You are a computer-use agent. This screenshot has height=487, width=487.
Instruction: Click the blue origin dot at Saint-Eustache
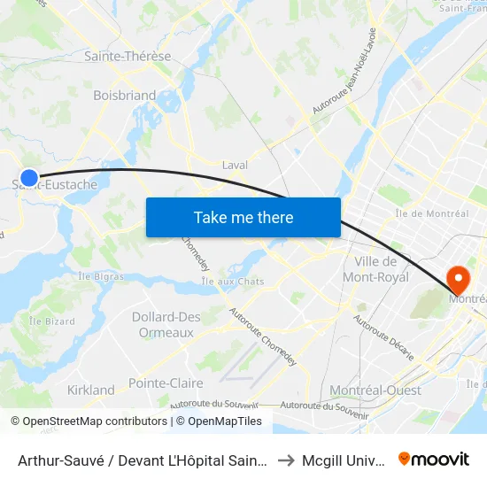29,178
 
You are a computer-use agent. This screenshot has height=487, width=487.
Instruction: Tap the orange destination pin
460,280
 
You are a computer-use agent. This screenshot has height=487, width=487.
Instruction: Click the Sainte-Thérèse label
128,56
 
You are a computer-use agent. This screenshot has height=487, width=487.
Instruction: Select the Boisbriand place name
125,95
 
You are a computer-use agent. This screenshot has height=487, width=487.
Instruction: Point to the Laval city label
235,165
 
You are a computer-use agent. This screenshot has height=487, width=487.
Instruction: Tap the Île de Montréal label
433,213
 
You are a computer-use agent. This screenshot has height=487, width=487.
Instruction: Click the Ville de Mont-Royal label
382,269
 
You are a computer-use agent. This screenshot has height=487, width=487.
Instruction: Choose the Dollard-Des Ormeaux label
166,325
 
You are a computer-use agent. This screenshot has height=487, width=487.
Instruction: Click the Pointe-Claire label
166,383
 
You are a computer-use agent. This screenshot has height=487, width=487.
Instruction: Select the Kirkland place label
91,390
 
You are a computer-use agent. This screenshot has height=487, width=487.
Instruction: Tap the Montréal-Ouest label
375,390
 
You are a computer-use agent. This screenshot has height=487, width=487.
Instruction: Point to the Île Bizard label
50,321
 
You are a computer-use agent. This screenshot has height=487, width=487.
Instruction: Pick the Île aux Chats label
233,282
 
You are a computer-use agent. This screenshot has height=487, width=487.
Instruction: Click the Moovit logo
434,459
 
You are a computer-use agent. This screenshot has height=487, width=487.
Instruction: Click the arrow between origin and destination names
285,460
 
